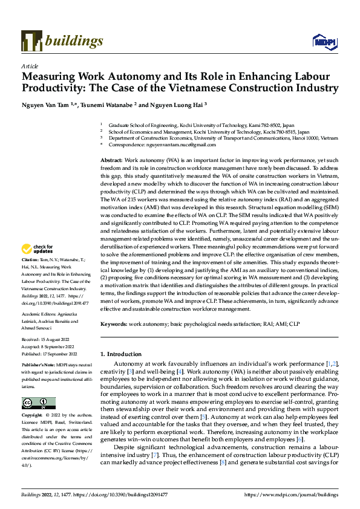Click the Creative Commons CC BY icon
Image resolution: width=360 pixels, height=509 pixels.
point(38,403)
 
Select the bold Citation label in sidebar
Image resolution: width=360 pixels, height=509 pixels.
point(31,275)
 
